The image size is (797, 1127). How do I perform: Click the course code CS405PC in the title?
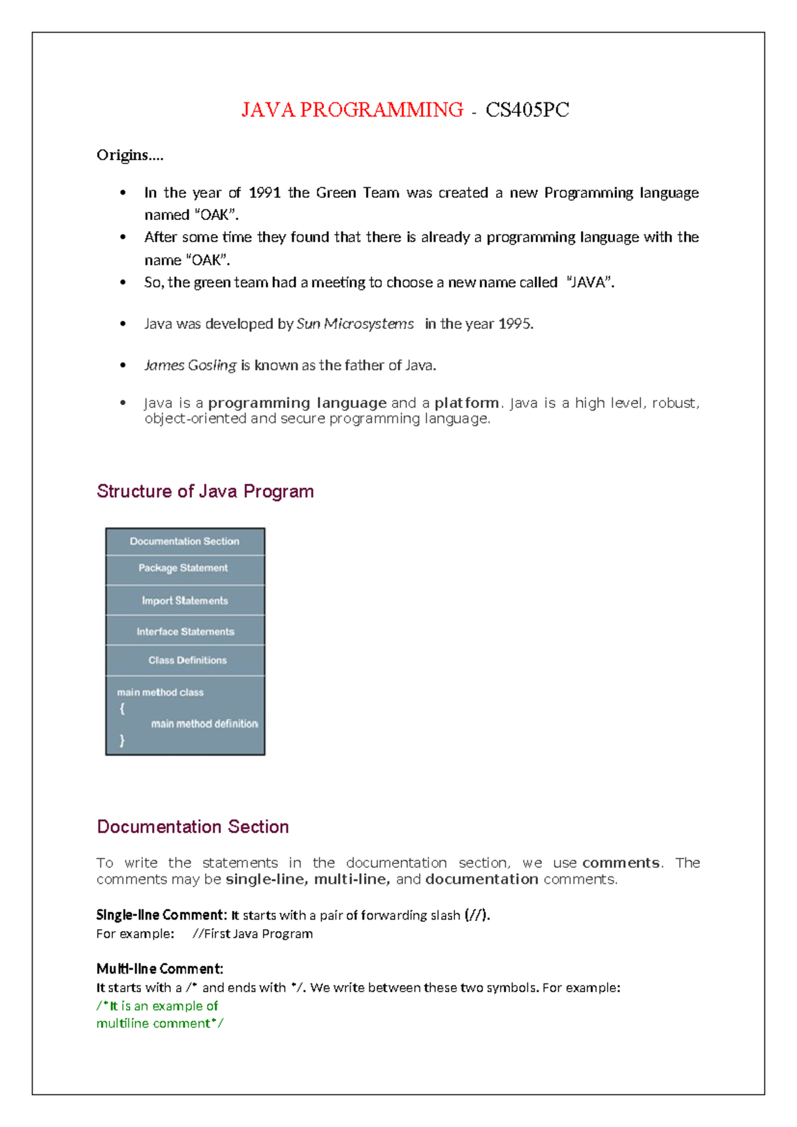[x=527, y=110]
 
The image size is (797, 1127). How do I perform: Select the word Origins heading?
[x=129, y=155]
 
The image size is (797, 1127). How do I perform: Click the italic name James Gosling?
[x=190, y=365]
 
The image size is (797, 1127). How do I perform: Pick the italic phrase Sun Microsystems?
[x=355, y=324]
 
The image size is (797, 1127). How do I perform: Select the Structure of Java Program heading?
[x=205, y=491]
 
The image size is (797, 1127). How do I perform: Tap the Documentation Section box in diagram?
[x=185, y=542]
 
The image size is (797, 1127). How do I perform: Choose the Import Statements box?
[x=185, y=601]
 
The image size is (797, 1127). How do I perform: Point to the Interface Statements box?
[x=185, y=632]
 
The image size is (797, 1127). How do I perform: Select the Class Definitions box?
[x=187, y=661]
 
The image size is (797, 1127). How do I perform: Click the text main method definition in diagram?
[x=204, y=724]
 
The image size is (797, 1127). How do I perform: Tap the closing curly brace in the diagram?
[x=122, y=740]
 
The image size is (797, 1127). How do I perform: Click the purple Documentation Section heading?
[x=193, y=827]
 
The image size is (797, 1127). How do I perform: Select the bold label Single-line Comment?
[x=161, y=915]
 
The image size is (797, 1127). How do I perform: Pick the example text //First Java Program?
[x=252, y=934]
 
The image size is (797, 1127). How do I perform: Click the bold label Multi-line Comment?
[x=159, y=969]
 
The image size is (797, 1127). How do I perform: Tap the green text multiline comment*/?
[x=159, y=1023]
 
